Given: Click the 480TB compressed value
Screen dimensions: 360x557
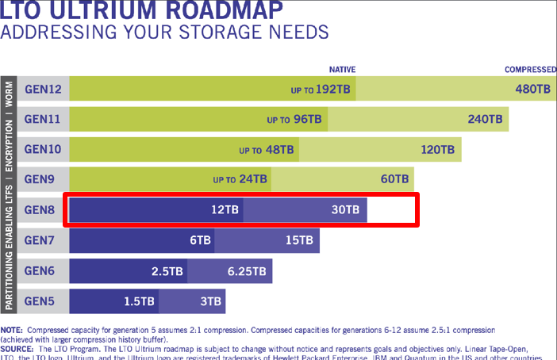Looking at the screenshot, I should pos(532,89).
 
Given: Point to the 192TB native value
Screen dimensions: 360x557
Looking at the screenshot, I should pos(333,89).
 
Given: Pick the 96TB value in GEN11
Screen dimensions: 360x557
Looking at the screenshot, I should pos(304,119).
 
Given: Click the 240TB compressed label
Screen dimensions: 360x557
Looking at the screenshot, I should pos(486,119).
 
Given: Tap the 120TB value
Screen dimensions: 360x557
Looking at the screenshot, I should pos(438,149).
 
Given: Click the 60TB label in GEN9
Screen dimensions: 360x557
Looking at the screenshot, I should pos(395,179).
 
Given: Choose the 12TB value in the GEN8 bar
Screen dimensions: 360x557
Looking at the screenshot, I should pos(224,210).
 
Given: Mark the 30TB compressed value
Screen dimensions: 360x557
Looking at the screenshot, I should pos(345,210).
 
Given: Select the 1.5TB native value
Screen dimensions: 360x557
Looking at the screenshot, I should pos(140,301).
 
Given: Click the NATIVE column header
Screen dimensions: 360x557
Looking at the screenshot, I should pos(344,69).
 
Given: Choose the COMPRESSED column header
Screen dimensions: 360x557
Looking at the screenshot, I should pos(530,69).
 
